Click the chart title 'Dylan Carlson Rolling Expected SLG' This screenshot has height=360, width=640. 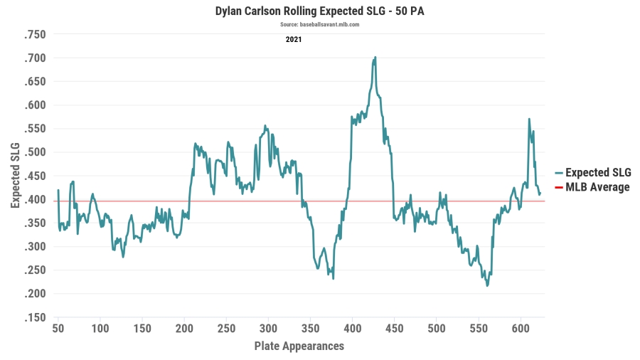[x=319, y=11]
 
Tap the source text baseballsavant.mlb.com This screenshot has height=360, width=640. [x=319, y=24]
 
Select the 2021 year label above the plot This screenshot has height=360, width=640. [x=294, y=39]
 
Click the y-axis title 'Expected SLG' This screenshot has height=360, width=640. [x=15, y=175]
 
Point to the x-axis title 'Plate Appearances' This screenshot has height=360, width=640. [x=299, y=346]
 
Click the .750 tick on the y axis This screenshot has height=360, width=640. [x=35, y=35]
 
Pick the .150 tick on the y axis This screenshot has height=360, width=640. [x=35, y=317]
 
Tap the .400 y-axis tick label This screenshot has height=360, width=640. [x=35, y=199]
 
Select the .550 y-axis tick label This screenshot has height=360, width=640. [x=35, y=129]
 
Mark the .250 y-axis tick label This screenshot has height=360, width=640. [x=35, y=270]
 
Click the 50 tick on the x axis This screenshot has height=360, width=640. [x=58, y=329]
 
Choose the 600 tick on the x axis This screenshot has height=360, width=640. [x=521, y=329]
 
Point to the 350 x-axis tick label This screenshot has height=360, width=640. [x=310, y=329]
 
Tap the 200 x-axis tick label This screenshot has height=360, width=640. [x=184, y=329]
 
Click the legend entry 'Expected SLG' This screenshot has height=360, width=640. [x=597, y=173]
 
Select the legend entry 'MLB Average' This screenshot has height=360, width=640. [x=597, y=187]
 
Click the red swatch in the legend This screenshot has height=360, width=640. [x=559, y=188]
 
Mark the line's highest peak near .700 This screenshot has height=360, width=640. [x=375, y=58]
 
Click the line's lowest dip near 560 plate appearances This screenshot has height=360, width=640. [x=487, y=285]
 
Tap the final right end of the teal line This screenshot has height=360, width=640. [x=540, y=194]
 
